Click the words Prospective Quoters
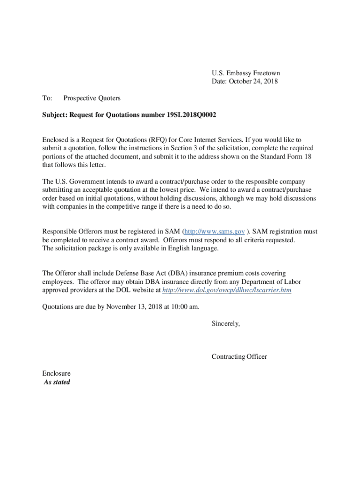click(92, 98)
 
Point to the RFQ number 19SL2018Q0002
click(191, 115)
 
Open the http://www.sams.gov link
click(214, 232)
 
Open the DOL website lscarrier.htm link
click(226, 290)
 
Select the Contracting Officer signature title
click(239, 357)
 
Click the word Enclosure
click(57, 374)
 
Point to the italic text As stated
click(57, 382)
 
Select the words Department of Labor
click(279, 282)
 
